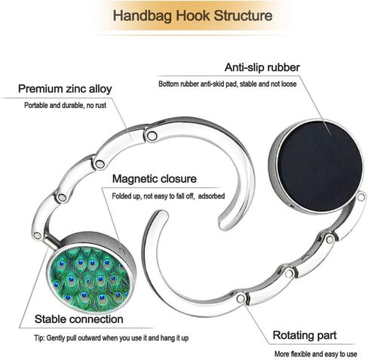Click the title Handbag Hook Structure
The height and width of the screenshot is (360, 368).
coord(192,16)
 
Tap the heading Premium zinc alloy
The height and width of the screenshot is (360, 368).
coord(65,89)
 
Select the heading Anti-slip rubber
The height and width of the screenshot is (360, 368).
coord(262,67)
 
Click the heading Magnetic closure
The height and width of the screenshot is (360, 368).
coord(155,179)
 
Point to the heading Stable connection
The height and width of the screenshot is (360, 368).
coord(78,319)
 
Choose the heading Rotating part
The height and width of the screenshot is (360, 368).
coord(305,335)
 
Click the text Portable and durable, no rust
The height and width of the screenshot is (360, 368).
coord(65,105)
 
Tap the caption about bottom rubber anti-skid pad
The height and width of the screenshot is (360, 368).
coord(227,84)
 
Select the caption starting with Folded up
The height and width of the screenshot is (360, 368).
coord(168,196)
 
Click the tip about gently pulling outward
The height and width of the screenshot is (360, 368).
coord(112,338)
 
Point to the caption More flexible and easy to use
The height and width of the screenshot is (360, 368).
coord(315,354)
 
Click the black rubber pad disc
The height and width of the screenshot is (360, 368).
coord(319,166)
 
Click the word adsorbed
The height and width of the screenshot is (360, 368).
coord(211,196)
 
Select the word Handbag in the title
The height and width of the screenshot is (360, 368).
coord(142,16)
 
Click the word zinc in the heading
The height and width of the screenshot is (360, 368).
coord(75,89)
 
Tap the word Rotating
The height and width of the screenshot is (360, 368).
coord(291,336)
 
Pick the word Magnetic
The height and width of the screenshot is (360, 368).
coord(135,179)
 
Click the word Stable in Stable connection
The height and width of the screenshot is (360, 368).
coord(51,319)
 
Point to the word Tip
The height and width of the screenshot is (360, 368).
coord(39,338)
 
